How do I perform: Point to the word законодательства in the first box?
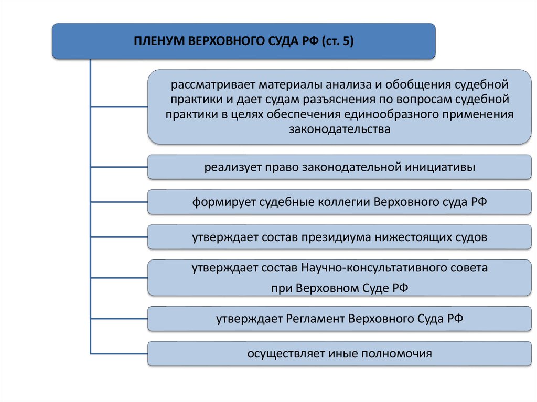click(x=340, y=129)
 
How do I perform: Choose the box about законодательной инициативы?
click(x=340, y=168)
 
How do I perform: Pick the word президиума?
click(x=335, y=237)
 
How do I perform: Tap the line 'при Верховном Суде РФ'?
click(x=340, y=288)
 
